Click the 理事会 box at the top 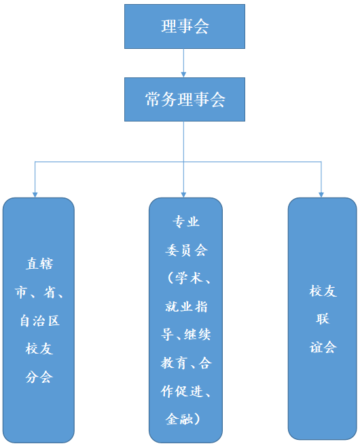pos(184,26)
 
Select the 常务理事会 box pos(184,99)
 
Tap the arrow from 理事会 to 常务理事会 pos(184,63)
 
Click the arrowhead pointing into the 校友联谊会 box pos(321,193)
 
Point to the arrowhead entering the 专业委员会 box pos(184,193)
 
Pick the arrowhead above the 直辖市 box pos(35,193)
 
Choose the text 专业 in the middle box pos(185,222)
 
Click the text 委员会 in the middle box pos(185,250)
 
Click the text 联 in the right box pos(323,319)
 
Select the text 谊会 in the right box pos(323,347)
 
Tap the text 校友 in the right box pos(323,291)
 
